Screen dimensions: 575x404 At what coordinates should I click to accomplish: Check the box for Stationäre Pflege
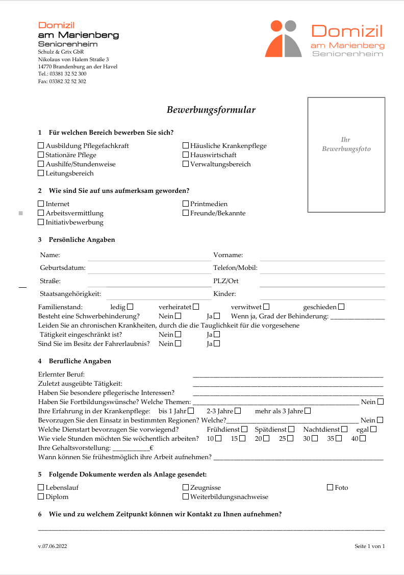pyautogui.click(x=41, y=155)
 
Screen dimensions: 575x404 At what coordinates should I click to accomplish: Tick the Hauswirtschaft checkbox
pyautogui.click(x=186, y=155)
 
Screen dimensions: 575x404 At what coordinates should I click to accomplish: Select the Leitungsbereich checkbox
pyautogui.click(x=41, y=173)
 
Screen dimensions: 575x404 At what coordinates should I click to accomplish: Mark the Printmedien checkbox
pyautogui.click(x=186, y=204)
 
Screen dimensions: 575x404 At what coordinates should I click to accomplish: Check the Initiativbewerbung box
pyautogui.click(x=41, y=222)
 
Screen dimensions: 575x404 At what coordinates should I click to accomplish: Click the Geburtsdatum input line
pyautogui.click(x=149, y=268)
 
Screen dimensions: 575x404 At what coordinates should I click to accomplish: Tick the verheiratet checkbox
pyautogui.click(x=196, y=307)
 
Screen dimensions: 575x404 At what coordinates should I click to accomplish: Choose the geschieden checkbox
pyautogui.click(x=341, y=307)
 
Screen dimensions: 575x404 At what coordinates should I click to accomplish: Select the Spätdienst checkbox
pyautogui.click(x=291, y=429)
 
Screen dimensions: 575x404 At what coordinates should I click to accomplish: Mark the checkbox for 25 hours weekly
pyautogui.click(x=290, y=438)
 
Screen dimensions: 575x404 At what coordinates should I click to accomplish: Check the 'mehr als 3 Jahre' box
pyautogui.click(x=308, y=411)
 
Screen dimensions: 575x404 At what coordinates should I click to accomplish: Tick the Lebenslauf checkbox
pyautogui.click(x=41, y=487)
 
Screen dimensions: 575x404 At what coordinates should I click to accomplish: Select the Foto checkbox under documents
pyautogui.click(x=330, y=487)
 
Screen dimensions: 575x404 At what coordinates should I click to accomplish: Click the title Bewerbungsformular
pyautogui.click(x=211, y=110)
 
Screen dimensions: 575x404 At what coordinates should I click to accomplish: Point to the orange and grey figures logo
pyautogui.click(x=283, y=38)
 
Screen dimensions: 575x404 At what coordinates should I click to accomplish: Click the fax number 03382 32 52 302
pyautogui.click(x=62, y=81)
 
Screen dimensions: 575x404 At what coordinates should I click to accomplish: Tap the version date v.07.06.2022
pyautogui.click(x=53, y=546)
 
